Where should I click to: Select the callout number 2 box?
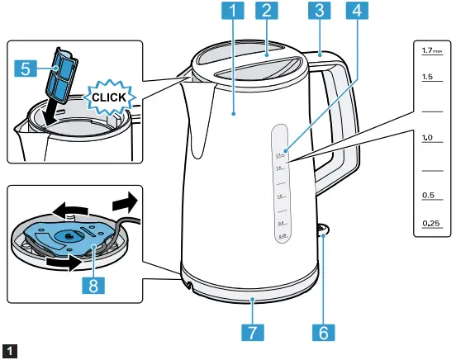click(265, 12)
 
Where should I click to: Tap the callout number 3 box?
click(317, 12)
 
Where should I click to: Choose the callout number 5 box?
click(26, 70)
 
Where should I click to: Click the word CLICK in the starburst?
click(109, 97)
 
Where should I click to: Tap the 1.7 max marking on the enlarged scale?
click(431, 51)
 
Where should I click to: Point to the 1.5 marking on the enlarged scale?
click(428, 76)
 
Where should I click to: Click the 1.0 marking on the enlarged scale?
click(428, 136)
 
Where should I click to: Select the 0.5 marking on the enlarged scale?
click(428, 195)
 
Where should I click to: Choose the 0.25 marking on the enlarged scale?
click(430, 223)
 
